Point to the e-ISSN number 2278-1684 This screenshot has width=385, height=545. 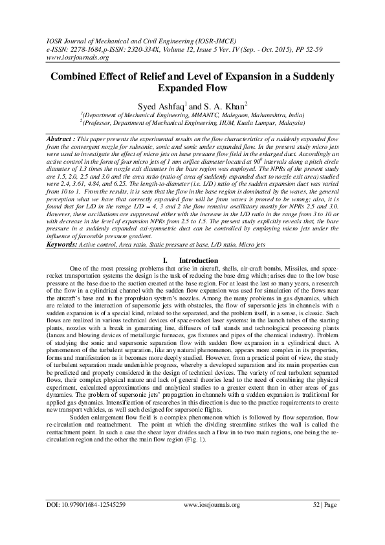point(76,48)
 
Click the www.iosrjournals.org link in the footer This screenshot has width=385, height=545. point(212,522)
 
